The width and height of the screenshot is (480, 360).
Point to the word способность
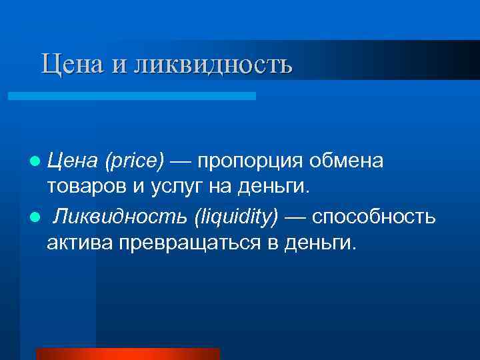(x=373, y=218)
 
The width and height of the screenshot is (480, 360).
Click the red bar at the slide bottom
(x=127, y=353)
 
